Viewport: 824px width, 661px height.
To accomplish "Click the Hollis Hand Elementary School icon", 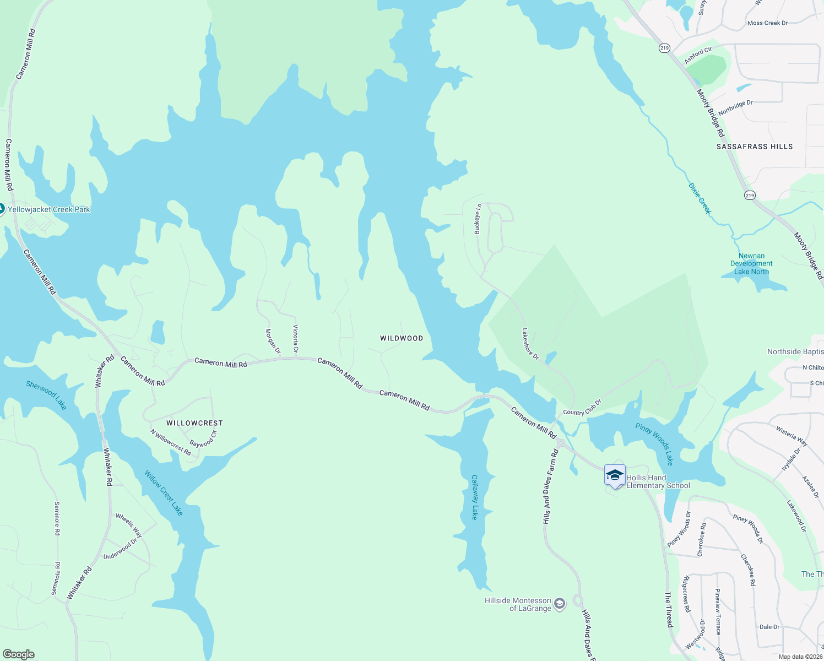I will pos(614,475).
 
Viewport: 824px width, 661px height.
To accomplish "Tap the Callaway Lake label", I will pos(474,497).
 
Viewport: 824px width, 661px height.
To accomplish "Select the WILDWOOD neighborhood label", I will pos(402,338).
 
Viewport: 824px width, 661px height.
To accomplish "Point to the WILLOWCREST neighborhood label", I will pos(194,423).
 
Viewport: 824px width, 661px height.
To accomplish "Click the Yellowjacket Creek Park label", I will pos(48,209).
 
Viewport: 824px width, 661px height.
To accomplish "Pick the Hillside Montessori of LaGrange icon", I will pos(560,604).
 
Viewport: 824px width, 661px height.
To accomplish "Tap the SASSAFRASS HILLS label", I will pos(755,147).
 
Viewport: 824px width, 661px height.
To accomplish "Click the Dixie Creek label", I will pos(700,198).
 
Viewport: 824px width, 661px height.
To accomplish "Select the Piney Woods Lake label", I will pos(654,444).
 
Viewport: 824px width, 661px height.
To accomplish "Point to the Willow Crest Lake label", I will pos(164,493).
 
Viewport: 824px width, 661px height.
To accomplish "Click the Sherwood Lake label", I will pos(46,395).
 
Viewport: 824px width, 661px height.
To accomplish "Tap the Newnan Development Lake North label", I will pos(751,263).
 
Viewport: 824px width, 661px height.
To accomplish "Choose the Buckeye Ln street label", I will pos(478,219).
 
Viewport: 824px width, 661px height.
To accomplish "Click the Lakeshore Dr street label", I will pos(530,344).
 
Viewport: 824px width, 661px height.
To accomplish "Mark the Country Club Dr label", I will pos(582,409).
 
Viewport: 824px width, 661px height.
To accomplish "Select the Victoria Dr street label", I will pos(296,339).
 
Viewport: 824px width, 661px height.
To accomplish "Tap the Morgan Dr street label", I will pos(273,342).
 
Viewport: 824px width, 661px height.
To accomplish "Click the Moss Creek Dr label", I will pos(767,23).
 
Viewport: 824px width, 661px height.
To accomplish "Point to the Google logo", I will pos(19,654).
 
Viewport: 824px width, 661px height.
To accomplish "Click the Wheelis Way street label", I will pos(129,525).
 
